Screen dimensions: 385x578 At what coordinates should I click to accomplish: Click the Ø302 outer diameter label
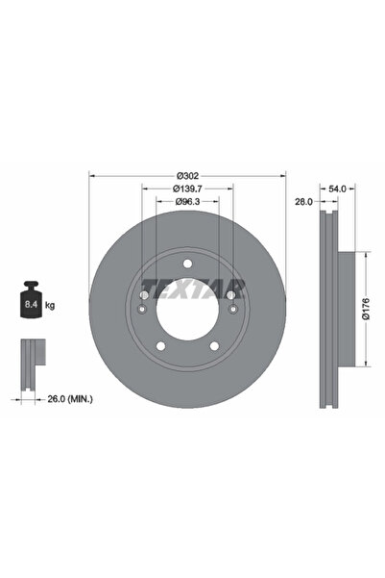point(187,175)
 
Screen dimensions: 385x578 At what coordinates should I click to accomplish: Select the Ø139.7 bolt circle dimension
point(187,188)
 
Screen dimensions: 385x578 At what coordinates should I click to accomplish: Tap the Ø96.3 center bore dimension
point(187,201)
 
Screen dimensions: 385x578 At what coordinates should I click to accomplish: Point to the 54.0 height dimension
point(337,188)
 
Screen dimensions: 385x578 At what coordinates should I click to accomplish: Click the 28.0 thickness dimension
point(303,202)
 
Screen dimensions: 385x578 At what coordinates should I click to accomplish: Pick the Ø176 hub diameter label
point(365,309)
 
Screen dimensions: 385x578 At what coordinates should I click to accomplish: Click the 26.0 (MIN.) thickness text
point(70,398)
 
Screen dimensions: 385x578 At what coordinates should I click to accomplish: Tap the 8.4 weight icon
point(32,299)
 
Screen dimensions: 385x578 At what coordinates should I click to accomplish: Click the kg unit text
point(50,305)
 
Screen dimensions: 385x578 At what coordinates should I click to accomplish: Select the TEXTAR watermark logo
point(193,289)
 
